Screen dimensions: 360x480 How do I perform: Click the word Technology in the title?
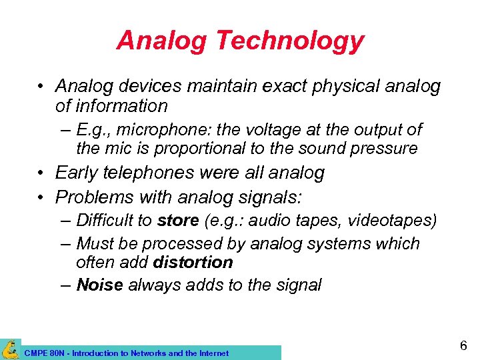(x=289, y=41)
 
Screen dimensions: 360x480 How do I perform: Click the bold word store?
(x=178, y=221)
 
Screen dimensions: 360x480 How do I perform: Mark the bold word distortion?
(x=193, y=263)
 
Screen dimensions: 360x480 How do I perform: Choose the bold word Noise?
(x=100, y=285)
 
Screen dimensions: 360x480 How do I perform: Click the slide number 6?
(x=463, y=346)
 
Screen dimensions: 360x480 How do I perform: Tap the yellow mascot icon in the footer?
(x=11, y=349)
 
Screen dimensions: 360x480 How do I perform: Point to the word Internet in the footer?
(x=213, y=353)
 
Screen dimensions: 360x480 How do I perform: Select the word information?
(x=111, y=105)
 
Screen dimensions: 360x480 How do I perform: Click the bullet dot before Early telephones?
(x=42, y=174)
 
